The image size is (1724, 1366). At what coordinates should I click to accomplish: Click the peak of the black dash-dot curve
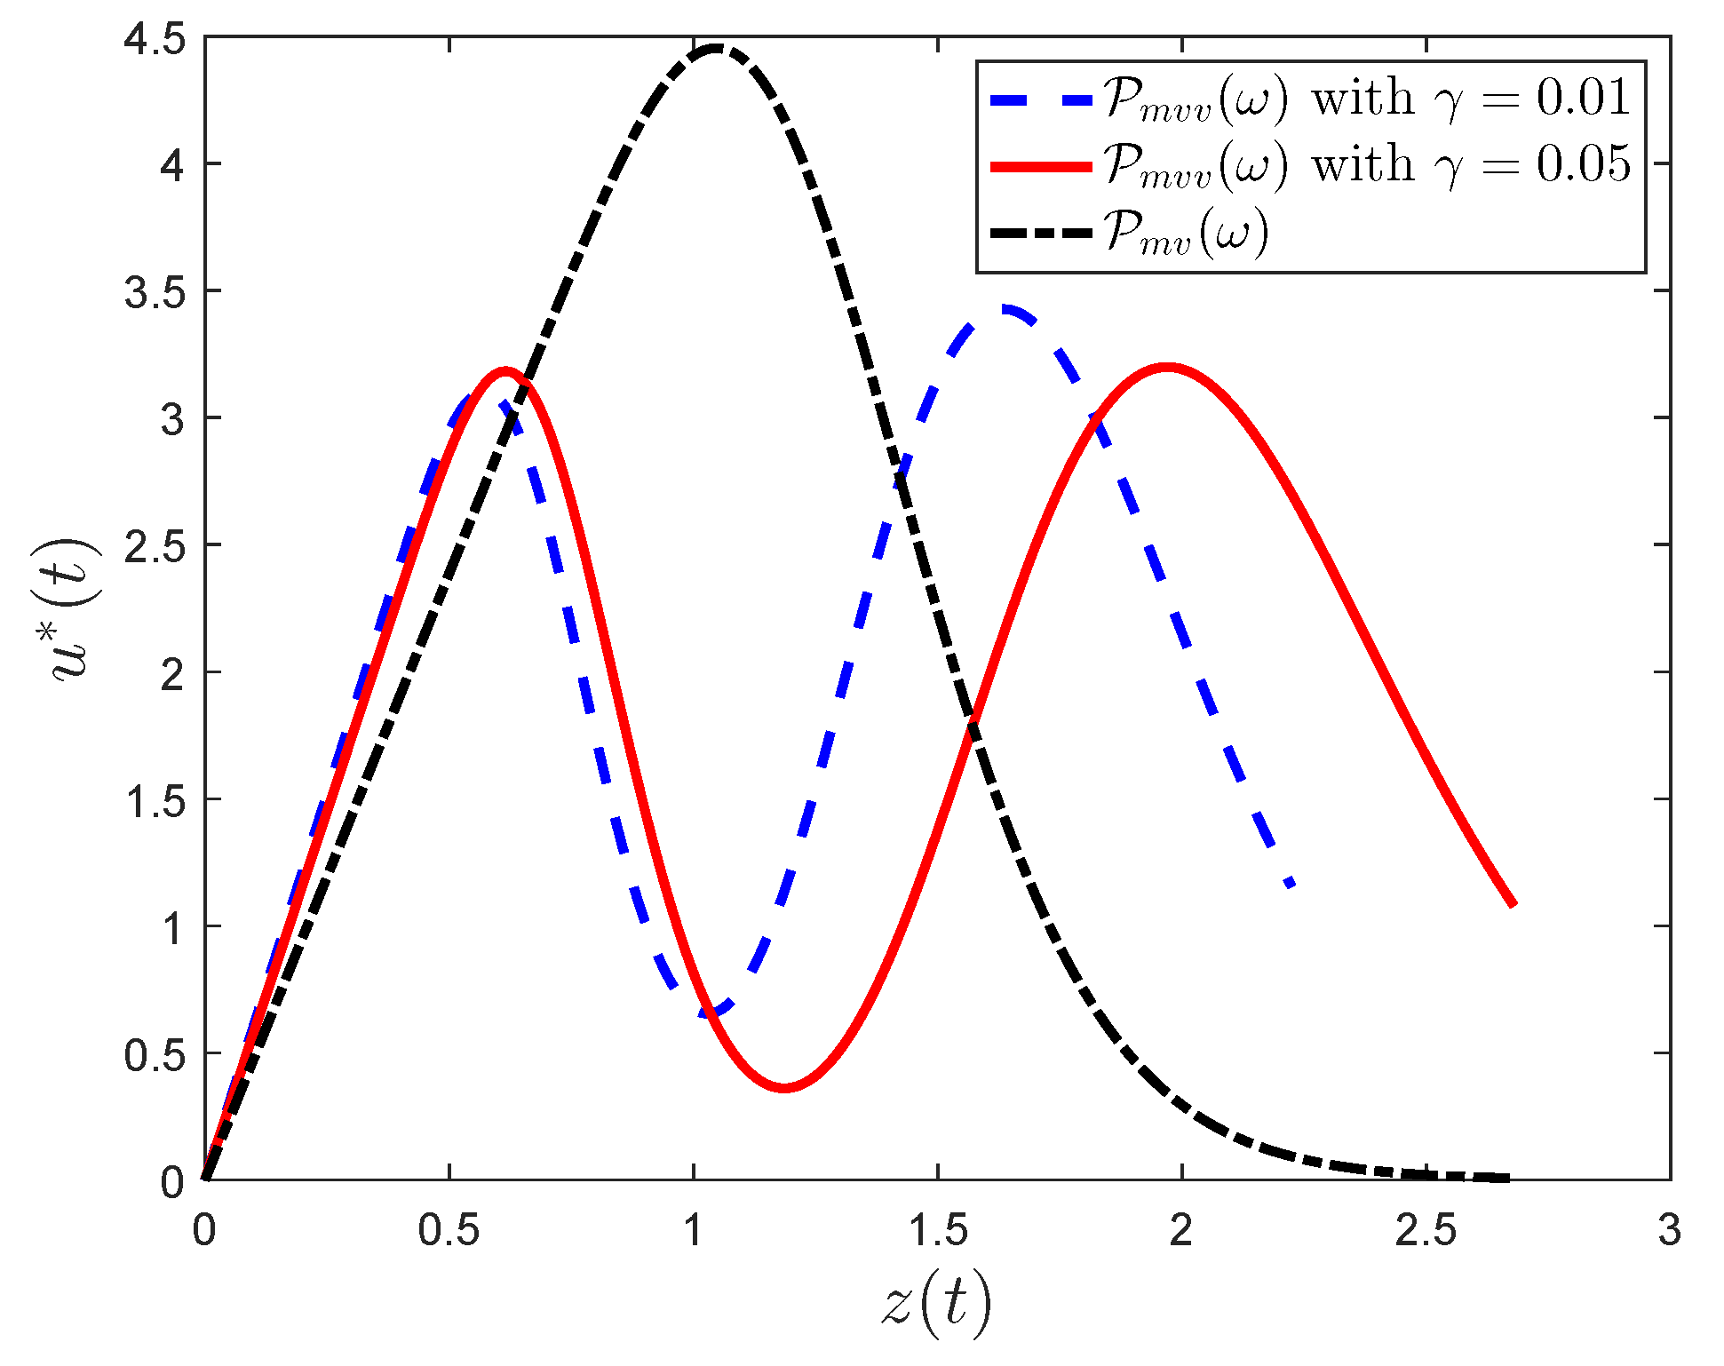(x=716, y=49)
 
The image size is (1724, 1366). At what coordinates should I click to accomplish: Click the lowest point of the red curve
(x=784, y=1087)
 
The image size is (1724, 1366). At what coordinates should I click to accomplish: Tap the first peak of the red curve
(x=505, y=370)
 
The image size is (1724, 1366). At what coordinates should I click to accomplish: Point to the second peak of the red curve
(x=1166, y=366)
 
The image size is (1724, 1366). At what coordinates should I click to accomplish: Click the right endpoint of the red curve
(x=1513, y=904)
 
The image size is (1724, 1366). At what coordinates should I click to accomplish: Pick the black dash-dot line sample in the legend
(x=1040, y=234)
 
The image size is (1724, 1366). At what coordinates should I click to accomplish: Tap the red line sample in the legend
(x=1040, y=166)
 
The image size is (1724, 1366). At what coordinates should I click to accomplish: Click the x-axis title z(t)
(x=937, y=1305)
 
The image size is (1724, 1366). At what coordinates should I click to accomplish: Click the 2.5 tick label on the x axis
(x=1425, y=1230)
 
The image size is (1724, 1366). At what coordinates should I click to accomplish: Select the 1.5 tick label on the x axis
(x=937, y=1230)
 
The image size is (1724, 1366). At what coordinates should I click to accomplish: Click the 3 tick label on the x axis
(x=1670, y=1230)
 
